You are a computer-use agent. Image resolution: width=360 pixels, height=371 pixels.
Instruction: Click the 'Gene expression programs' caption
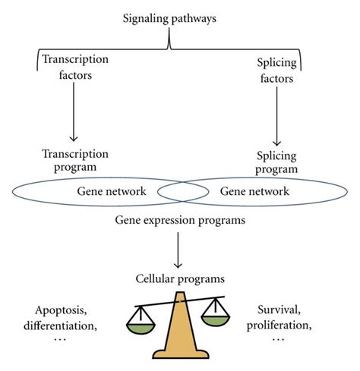point(178,222)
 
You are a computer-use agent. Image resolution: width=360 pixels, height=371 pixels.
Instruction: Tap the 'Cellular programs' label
point(178,277)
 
